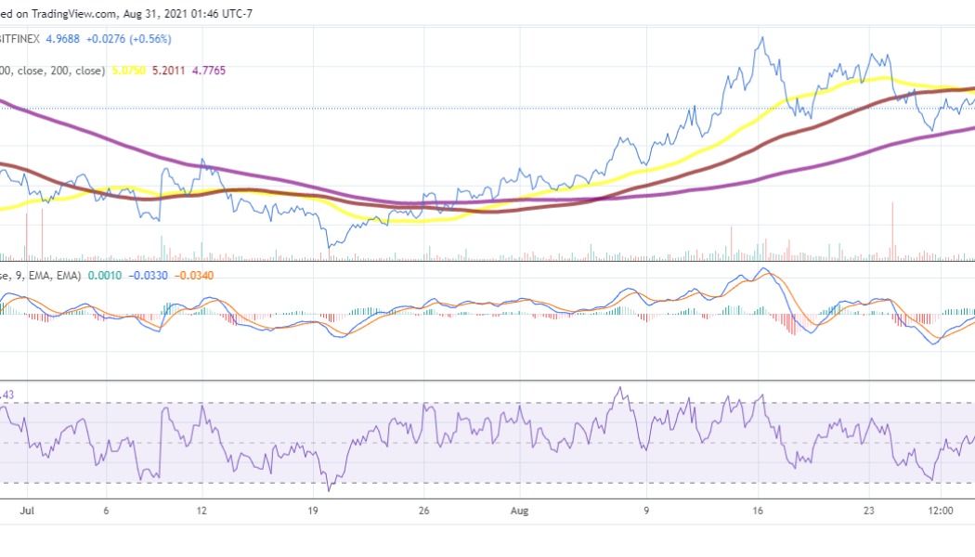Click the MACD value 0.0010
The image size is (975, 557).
coord(101,276)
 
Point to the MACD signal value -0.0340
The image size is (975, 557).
coord(192,276)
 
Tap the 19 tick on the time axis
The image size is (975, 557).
coord(313,511)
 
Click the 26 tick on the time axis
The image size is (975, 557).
coord(424,511)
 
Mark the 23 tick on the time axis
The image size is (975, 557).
coord(870,511)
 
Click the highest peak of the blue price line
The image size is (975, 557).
coord(762,38)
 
